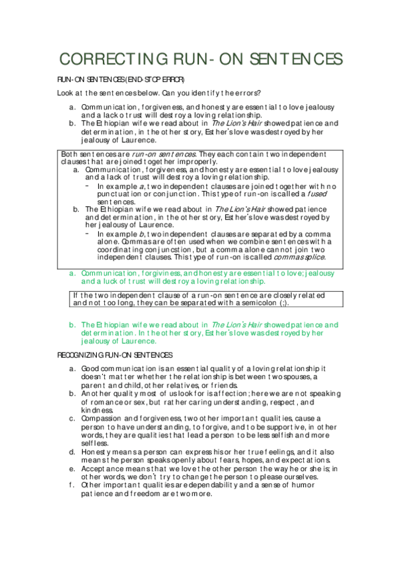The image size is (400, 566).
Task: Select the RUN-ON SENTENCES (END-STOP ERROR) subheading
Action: pyautogui.click(x=116, y=80)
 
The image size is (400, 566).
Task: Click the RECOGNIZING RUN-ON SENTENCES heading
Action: pyautogui.click(x=116, y=354)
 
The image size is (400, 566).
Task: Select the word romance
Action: pyautogui.click(x=106, y=403)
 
